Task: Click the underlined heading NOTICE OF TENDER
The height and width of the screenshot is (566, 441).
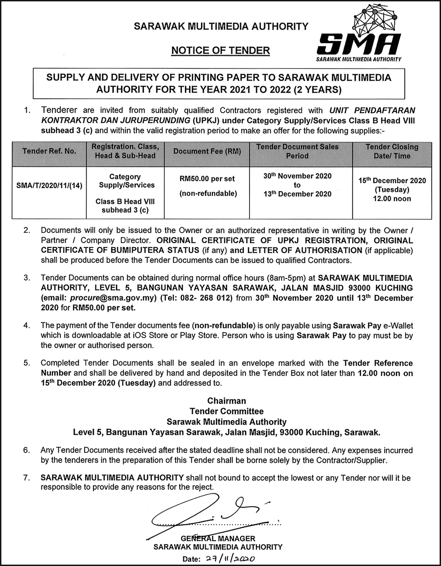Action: (220, 51)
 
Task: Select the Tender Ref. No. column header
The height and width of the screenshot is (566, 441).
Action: (49, 151)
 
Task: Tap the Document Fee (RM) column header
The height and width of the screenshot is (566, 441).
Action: (207, 151)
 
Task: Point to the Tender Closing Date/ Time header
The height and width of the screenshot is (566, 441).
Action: (392, 151)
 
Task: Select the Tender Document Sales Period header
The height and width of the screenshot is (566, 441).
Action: (297, 151)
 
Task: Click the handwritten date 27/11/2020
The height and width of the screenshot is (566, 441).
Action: (230, 559)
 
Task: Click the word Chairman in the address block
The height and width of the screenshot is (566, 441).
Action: (226, 401)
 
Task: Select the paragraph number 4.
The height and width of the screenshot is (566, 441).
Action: (27, 325)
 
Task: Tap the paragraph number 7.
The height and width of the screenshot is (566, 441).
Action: (27, 478)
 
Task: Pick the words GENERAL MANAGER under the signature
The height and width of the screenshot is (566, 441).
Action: (218, 538)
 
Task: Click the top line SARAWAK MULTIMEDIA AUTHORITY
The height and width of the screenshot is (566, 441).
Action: (221, 26)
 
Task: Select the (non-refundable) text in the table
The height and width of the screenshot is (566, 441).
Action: (208, 194)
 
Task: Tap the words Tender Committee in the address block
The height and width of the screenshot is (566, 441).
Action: (226, 411)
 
